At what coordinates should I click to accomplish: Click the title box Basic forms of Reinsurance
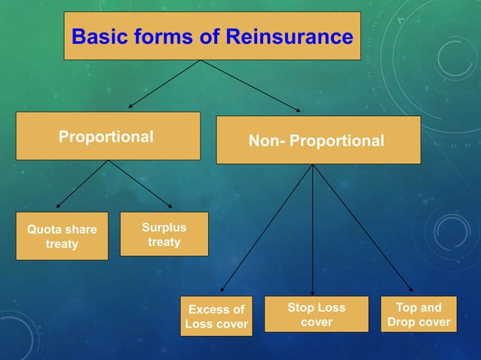tap(212, 35)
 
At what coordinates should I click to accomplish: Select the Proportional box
tap(108, 136)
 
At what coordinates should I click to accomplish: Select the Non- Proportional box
tap(318, 141)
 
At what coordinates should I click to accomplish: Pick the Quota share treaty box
tap(62, 236)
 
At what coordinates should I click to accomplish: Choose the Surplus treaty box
tap(164, 234)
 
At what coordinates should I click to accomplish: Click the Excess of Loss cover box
tap(216, 316)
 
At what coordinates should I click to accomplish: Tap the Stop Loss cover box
tap(317, 315)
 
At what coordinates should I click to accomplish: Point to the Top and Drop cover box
tap(418, 315)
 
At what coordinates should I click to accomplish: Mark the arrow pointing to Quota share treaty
tap(83, 184)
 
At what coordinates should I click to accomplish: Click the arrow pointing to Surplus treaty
tap(141, 184)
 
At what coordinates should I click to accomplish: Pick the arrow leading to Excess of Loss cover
tap(266, 229)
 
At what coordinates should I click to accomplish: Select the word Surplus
tap(164, 227)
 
